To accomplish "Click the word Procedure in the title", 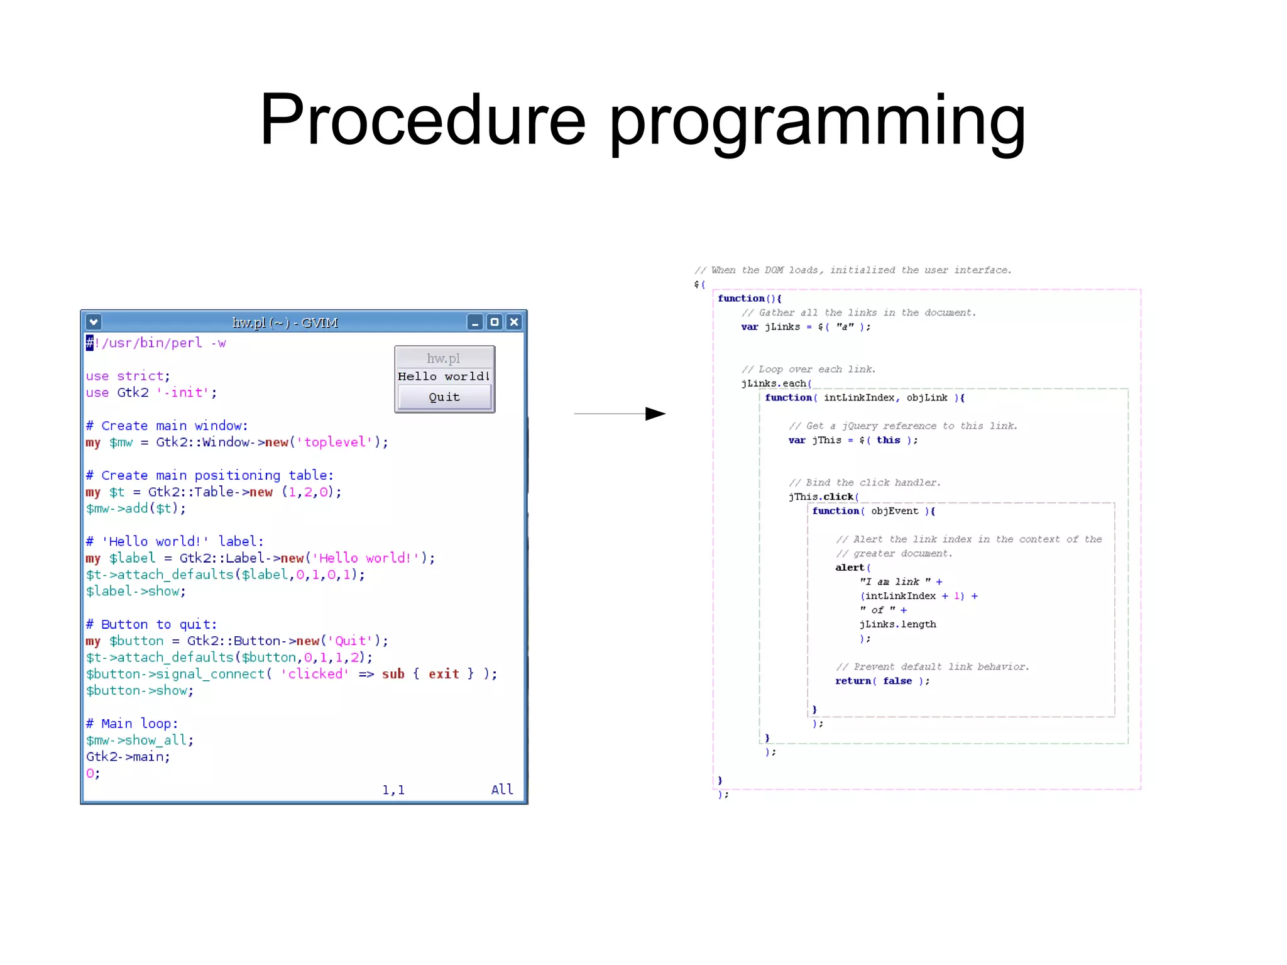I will [x=422, y=119].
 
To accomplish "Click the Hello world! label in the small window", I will [x=444, y=377].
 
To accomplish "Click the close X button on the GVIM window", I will [x=514, y=323].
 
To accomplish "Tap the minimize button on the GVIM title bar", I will [x=475, y=323].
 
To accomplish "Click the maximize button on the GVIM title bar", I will [x=495, y=323].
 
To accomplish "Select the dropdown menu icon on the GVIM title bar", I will [x=94, y=323].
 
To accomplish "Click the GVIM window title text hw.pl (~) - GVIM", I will [x=285, y=323].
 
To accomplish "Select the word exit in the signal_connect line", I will [x=444, y=674].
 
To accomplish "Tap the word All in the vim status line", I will [x=501, y=790].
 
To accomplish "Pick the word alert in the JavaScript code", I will [x=850, y=568].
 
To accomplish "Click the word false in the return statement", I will [x=897, y=681].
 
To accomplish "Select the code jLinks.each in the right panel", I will [x=774, y=383].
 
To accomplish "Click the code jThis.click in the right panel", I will [x=821, y=497].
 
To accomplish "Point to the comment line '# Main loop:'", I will [x=132, y=724].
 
